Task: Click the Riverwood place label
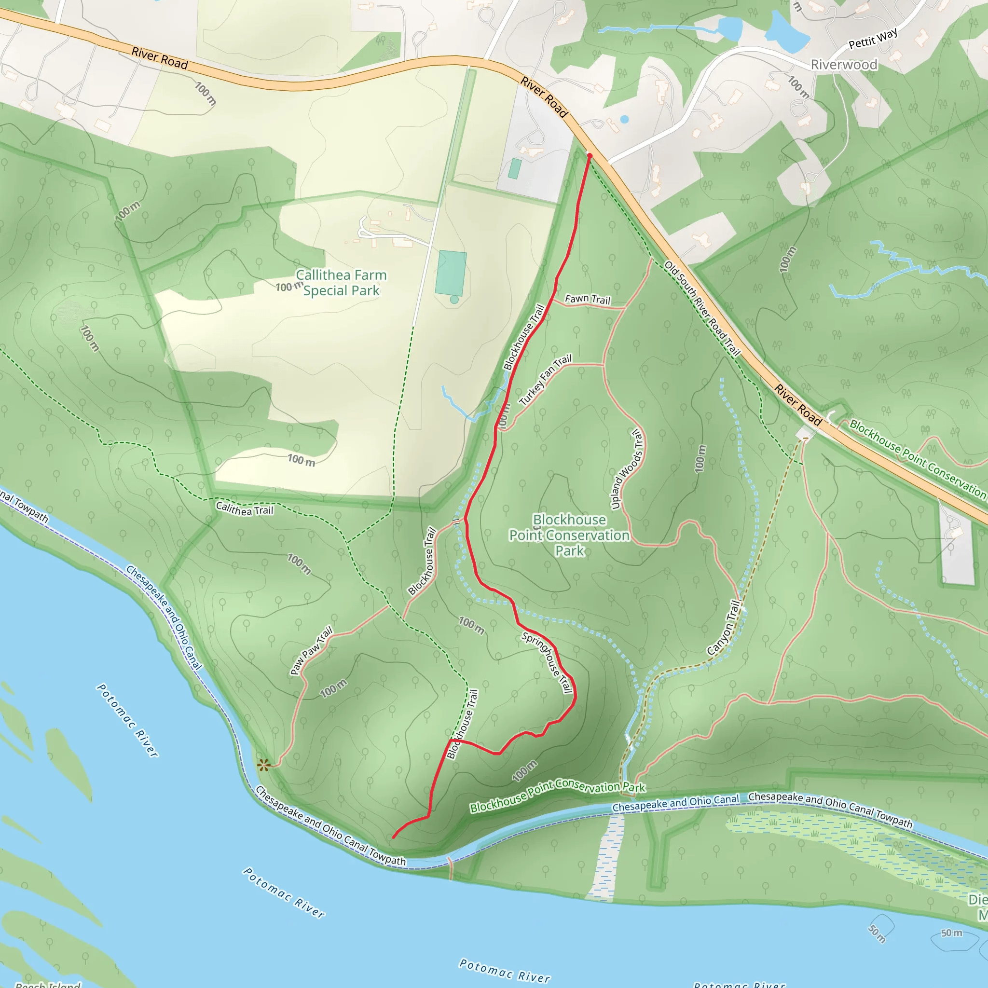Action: pyautogui.click(x=844, y=65)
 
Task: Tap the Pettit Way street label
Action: pyautogui.click(x=873, y=39)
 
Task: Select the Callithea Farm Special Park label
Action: pyautogui.click(x=341, y=283)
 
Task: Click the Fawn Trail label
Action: pyautogui.click(x=588, y=299)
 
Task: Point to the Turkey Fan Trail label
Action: pyautogui.click(x=545, y=380)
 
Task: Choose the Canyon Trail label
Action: pyautogui.click(x=724, y=628)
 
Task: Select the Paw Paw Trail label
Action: pyautogui.click(x=311, y=650)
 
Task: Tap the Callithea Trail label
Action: pyautogui.click(x=245, y=509)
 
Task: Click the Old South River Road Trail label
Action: pyautogui.click(x=702, y=308)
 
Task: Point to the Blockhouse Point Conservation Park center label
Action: pyautogui.click(x=569, y=535)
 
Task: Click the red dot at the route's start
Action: pyautogui.click(x=589, y=155)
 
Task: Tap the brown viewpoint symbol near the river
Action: pyautogui.click(x=263, y=765)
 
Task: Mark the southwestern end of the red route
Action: pyautogui.click(x=393, y=837)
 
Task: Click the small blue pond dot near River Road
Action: pyautogui.click(x=624, y=119)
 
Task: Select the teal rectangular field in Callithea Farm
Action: pyautogui.click(x=451, y=273)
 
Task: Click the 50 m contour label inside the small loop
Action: pyautogui.click(x=878, y=933)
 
